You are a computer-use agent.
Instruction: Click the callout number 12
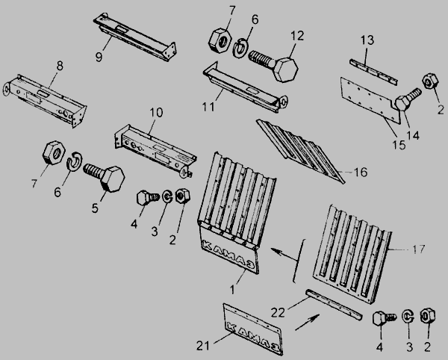click(297, 36)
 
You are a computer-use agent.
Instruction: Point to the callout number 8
click(60, 66)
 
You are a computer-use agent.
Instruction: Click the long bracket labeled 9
click(135, 37)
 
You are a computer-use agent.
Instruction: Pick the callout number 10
click(156, 113)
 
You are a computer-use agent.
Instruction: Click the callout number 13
click(367, 40)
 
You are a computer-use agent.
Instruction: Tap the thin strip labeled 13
click(373, 72)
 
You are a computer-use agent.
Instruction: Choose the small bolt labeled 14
click(408, 100)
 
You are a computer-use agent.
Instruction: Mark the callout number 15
click(399, 145)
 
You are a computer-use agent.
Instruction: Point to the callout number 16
click(361, 173)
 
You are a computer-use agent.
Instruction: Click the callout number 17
click(419, 249)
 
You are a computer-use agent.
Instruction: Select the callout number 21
click(203, 346)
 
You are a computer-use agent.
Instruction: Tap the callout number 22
click(278, 312)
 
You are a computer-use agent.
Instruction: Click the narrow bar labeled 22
click(334, 305)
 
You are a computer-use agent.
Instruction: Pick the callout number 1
click(232, 290)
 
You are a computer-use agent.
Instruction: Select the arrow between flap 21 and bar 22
click(308, 322)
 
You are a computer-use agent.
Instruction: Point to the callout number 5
click(95, 208)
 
